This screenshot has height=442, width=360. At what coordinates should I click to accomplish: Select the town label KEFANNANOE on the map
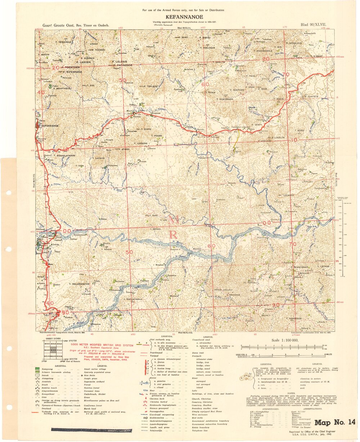click(50, 126)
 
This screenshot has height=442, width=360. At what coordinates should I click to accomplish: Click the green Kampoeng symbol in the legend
click(37, 369)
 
